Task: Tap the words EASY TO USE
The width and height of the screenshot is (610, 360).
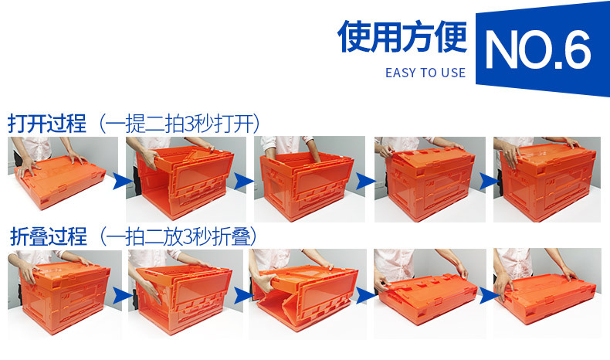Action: point(425,73)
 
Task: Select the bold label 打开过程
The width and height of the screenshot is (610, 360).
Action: point(47,124)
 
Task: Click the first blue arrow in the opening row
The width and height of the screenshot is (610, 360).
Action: point(120,182)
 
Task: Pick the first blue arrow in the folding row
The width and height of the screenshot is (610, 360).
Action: point(120,295)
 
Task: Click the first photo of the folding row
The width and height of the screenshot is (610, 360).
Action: point(60,292)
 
